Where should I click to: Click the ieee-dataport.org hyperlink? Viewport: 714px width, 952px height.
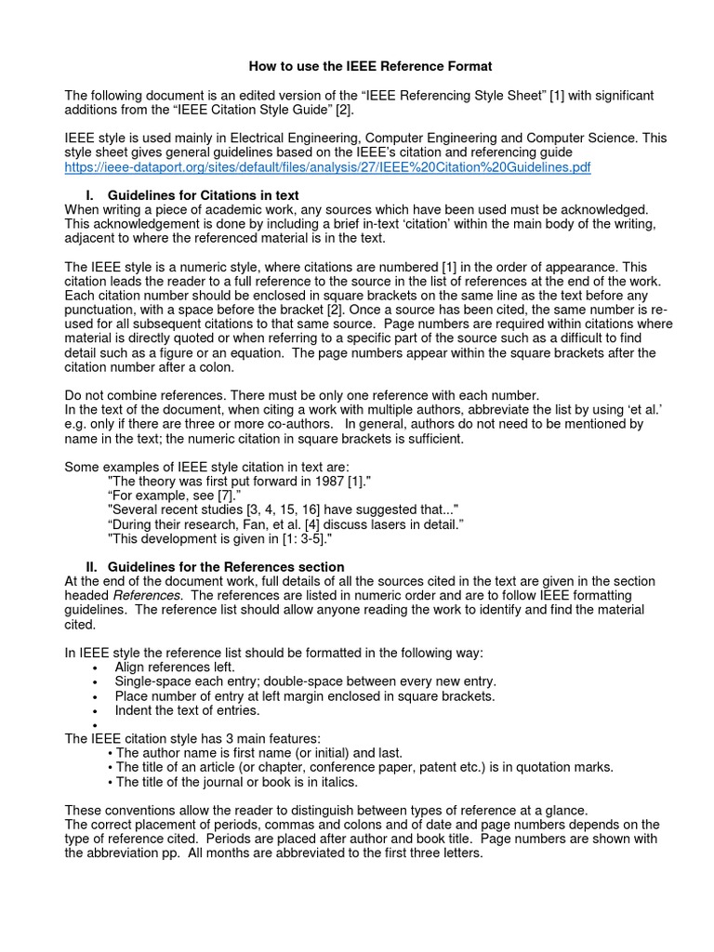click(x=327, y=167)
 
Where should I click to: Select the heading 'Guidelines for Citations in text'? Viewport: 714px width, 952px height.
click(x=203, y=196)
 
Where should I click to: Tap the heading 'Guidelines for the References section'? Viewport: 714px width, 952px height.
click(x=226, y=566)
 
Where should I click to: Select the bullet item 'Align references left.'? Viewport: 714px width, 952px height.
click(x=175, y=667)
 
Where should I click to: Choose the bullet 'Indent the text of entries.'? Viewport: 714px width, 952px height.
click(x=187, y=710)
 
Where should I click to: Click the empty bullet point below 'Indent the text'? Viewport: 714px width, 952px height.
click(x=96, y=725)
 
